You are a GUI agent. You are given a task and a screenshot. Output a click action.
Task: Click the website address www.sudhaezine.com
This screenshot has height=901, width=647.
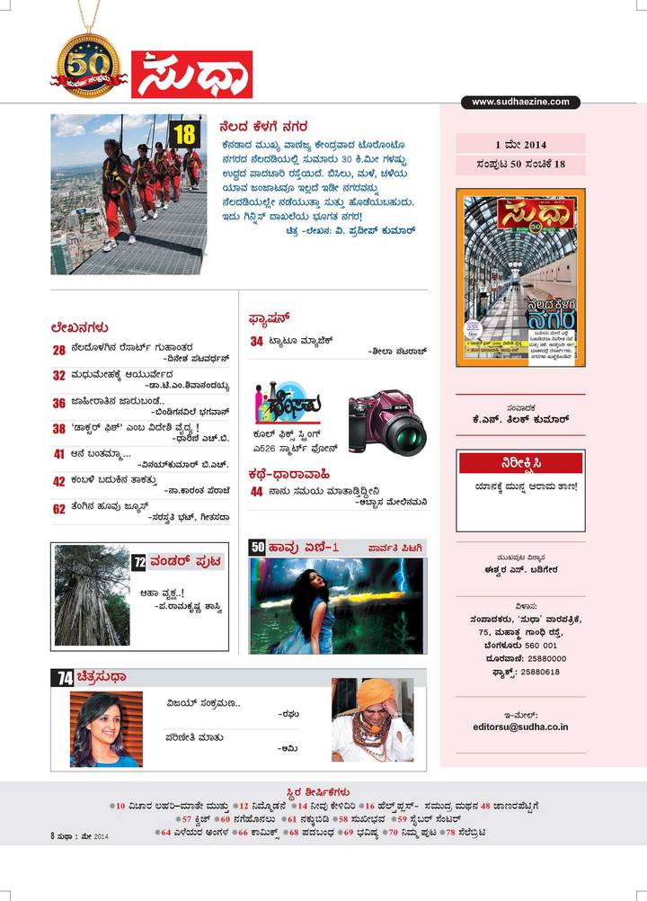pos(521,103)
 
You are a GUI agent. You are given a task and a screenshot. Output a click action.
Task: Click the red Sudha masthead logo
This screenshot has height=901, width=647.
pos(191,74)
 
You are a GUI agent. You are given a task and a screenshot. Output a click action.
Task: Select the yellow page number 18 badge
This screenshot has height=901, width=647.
pos(182,135)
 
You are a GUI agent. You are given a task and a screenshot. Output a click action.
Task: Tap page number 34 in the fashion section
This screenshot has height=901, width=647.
pos(256,341)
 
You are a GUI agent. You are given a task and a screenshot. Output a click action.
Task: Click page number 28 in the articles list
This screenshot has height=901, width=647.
pos(58,349)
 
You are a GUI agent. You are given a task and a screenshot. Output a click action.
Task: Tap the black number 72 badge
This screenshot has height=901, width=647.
pos(139,562)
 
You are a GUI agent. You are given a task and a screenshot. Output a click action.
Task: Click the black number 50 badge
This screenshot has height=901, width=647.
pos(257,546)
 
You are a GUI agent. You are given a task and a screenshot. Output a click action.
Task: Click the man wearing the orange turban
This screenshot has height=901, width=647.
pos(372,719)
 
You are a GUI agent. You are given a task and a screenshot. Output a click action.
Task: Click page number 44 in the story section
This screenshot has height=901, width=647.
pos(256,491)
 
